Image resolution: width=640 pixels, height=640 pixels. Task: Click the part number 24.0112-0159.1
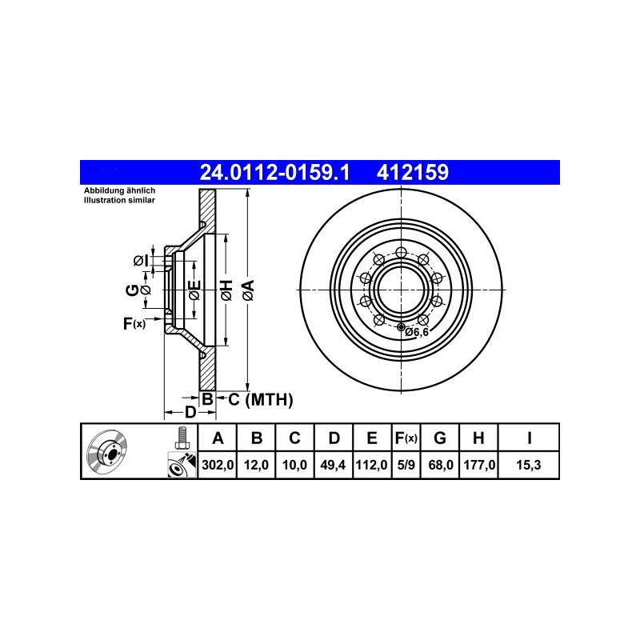coord(274,172)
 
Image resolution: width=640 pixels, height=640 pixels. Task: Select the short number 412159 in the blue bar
coord(412,172)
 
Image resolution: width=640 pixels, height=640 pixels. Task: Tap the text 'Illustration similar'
coord(119,201)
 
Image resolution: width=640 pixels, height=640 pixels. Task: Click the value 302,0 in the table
coord(218,465)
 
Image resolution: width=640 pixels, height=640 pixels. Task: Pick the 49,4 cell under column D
coord(333,465)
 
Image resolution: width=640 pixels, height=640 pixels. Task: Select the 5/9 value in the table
coord(406,465)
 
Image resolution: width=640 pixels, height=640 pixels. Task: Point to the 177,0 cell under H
coord(479,465)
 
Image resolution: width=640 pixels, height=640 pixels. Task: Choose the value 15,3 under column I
coord(529,465)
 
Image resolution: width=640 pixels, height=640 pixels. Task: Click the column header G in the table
coord(439,438)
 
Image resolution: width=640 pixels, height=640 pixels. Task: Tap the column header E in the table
coord(372,438)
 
